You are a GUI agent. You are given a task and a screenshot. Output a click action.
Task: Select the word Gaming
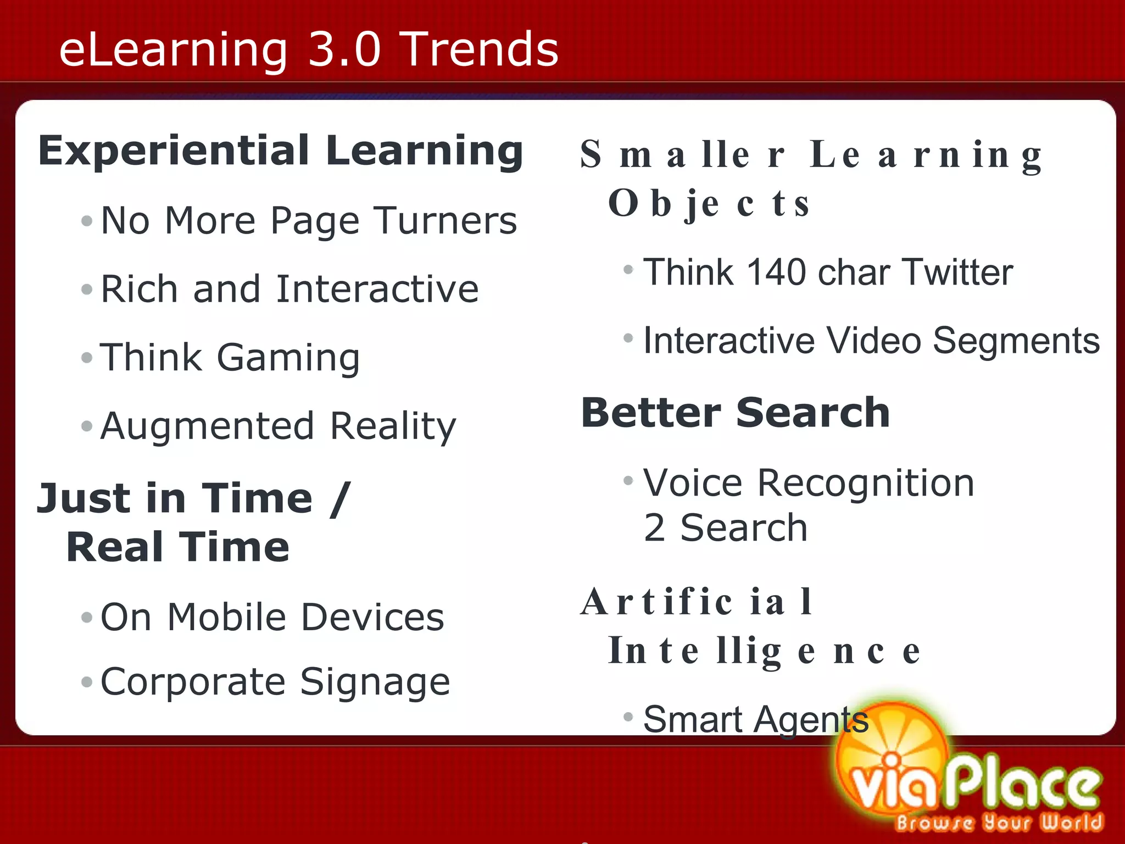coord(288,358)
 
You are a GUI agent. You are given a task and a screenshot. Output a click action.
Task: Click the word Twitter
coord(957,272)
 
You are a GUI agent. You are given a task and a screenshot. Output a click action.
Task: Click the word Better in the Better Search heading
coord(651,413)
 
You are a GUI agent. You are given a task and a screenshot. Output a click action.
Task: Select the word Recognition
coord(865,483)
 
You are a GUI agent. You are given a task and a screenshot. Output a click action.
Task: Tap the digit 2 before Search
coord(654,528)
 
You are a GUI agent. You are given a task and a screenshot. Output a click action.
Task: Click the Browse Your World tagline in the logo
coord(999,823)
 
